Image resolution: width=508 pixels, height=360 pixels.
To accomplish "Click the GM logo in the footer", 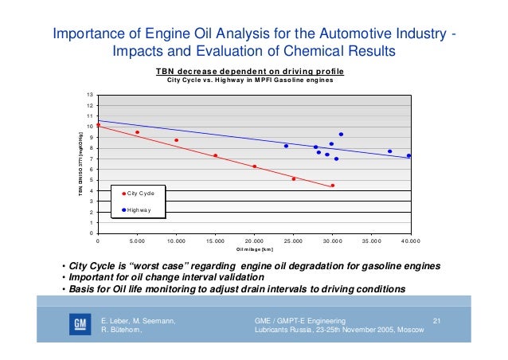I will tap(80, 327).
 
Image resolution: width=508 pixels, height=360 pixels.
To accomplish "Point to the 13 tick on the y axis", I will tap(90, 95).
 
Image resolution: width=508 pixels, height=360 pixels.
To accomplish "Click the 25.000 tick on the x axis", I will tap(293, 240).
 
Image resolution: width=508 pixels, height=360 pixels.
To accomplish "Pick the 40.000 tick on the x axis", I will tap(410, 240).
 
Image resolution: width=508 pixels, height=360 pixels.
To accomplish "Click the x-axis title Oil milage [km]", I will tap(255, 249).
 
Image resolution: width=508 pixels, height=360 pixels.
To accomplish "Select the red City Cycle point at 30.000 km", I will tap(332, 186).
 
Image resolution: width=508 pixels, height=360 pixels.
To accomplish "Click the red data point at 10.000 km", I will tap(176, 140).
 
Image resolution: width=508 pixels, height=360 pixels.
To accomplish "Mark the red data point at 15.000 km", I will tap(215, 155).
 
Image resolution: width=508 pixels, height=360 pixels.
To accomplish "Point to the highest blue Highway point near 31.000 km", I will tap(341, 135).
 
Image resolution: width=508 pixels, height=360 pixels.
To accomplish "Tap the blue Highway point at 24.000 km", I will tap(286, 146).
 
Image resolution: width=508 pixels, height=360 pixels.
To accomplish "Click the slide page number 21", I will tap(436, 320).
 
